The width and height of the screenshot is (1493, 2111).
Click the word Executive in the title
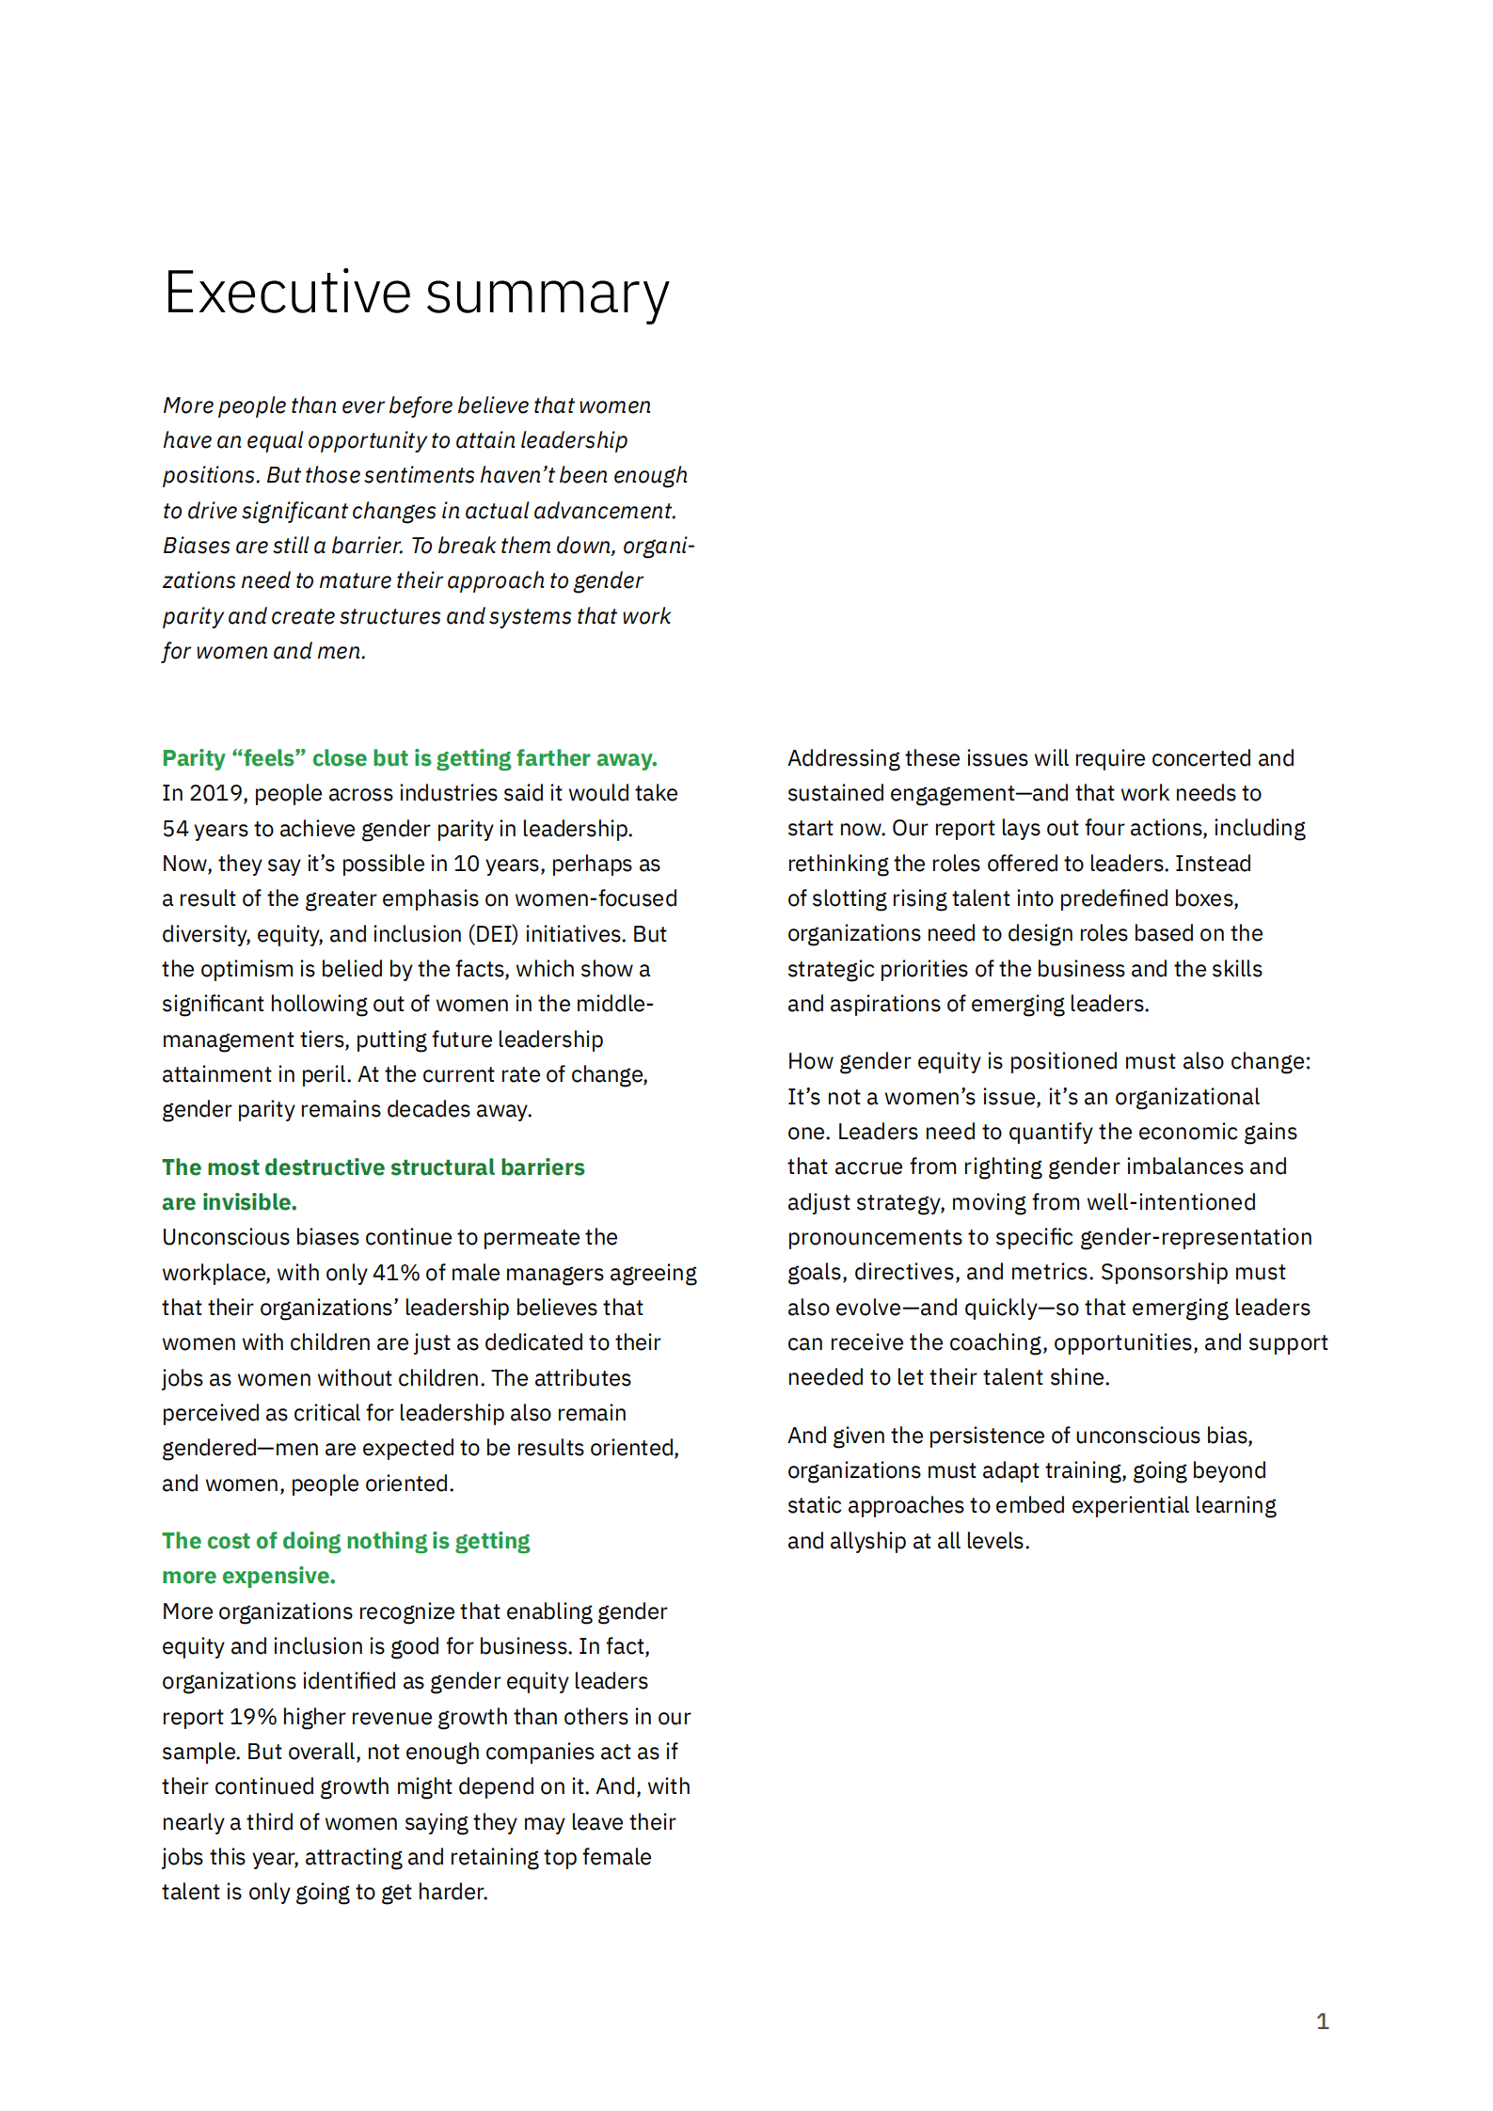click(x=287, y=293)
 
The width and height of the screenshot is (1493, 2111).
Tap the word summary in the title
click(x=548, y=294)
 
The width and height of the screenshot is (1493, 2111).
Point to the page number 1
click(x=1322, y=2021)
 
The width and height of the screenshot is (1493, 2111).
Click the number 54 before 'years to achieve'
click(x=175, y=829)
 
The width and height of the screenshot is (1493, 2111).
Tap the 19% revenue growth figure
click(x=252, y=1717)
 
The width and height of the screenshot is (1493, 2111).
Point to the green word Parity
click(x=194, y=758)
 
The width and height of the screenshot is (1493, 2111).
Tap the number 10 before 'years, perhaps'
click(x=467, y=864)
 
